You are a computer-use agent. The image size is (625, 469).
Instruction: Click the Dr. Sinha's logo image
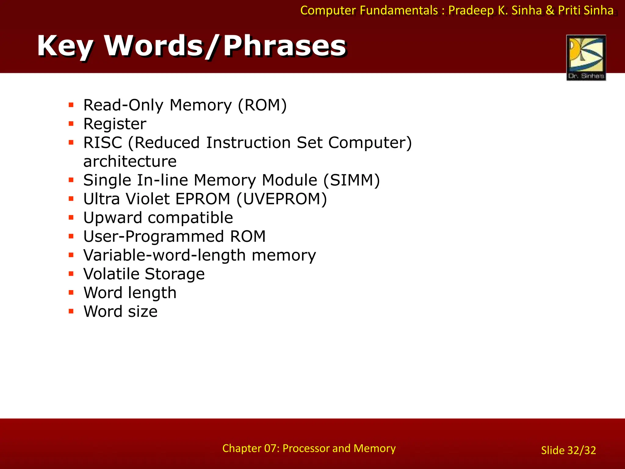[586, 57]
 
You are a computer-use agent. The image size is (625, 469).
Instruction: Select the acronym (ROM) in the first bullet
[262, 105]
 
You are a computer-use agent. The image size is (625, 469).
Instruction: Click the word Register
[115, 124]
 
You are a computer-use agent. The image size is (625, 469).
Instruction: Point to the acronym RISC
[103, 143]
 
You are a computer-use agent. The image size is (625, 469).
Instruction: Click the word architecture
[130, 162]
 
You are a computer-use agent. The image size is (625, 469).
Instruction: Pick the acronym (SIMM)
[352, 180]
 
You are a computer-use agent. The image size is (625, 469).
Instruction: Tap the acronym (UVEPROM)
[281, 199]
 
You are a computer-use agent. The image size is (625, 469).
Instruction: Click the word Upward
[113, 218]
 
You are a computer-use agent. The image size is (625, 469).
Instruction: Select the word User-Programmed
[154, 237]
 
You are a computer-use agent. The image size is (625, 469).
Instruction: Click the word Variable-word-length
[164, 255]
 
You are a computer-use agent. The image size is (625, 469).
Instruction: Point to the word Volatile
[111, 274]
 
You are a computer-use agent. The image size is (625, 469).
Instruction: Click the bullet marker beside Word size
[71, 311]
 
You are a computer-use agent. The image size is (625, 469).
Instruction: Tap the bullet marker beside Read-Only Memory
[71, 105]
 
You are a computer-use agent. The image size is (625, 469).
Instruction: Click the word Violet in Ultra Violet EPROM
[148, 199]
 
